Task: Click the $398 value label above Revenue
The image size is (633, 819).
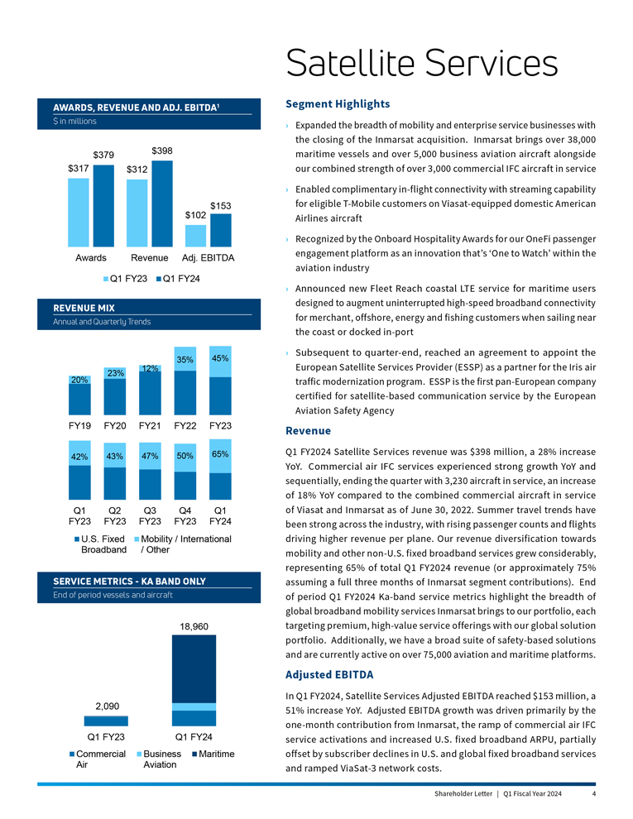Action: (x=162, y=151)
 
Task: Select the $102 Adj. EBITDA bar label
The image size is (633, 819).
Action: (x=195, y=214)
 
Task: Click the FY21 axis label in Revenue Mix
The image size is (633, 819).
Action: (x=149, y=426)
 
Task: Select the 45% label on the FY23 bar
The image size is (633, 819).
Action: (x=220, y=358)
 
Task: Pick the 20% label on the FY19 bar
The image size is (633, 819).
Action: (x=79, y=380)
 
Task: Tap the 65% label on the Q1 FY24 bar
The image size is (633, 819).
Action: (x=220, y=454)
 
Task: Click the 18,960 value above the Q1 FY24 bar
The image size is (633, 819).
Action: (x=194, y=626)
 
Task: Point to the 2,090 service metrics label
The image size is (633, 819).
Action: (x=107, y=706)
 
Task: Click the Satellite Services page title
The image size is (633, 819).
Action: (x=421, y=63)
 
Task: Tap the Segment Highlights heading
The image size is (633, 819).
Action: (x=337, y=104)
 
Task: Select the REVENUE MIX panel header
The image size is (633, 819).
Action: (x=84, y=308)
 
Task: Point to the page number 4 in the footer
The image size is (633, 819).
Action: (x=594, y=794)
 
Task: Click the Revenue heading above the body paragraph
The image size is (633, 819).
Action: (x=308, y=431)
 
